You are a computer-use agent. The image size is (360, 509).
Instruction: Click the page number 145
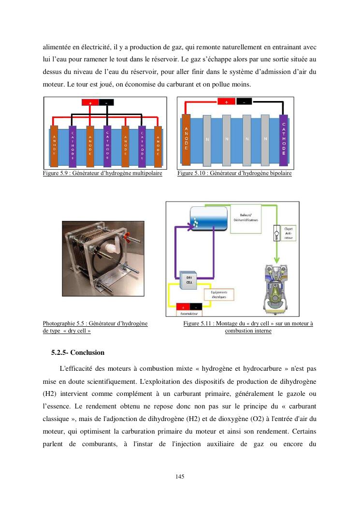180,477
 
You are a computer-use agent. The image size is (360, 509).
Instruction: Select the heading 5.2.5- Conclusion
78,352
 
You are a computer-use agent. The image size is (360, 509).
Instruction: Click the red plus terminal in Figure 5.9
90,102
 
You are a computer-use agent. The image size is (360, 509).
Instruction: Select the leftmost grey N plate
207,140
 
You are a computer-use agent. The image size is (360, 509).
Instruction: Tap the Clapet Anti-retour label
289,233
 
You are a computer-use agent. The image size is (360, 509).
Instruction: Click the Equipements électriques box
218,294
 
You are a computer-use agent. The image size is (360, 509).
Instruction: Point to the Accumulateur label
188,314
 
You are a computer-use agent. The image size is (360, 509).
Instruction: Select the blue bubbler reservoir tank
208,218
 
